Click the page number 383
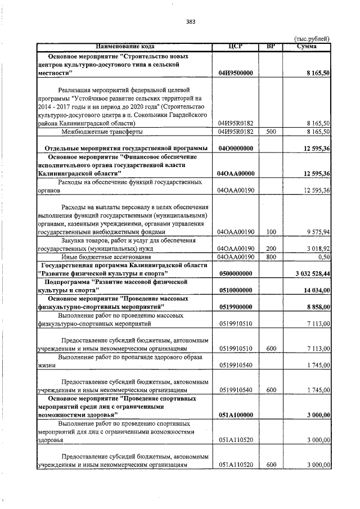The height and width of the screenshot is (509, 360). pyautogui.click(x=190, y=22)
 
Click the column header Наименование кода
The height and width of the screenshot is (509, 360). pyautogui.click(x=124, y=46)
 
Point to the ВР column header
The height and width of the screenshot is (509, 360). pyautogui.click(x=271, y=46)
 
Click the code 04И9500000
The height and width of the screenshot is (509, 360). pyautogui.click(x=235, y=73)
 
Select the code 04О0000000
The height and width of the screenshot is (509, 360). pyautogui.click(x=235, y=148)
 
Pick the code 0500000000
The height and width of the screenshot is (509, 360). pyautogui.click(x=235, y=273)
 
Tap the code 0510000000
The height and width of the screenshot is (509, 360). pyautogui.click(x=235, y=290)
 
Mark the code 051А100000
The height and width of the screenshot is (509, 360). pyautogui.click(x=235, y=415)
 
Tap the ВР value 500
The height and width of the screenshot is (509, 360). pyautogui.click(x=271, y=131)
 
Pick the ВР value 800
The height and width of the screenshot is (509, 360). pyautogui.click(x=271, y=256)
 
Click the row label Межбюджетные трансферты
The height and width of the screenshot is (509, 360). pyautogui.click(x=101, y=131)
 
